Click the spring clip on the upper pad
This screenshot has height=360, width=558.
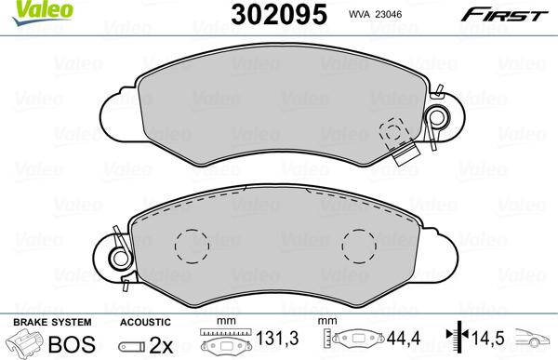tap(433, 117)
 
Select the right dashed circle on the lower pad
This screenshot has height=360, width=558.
tap(357, 247)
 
